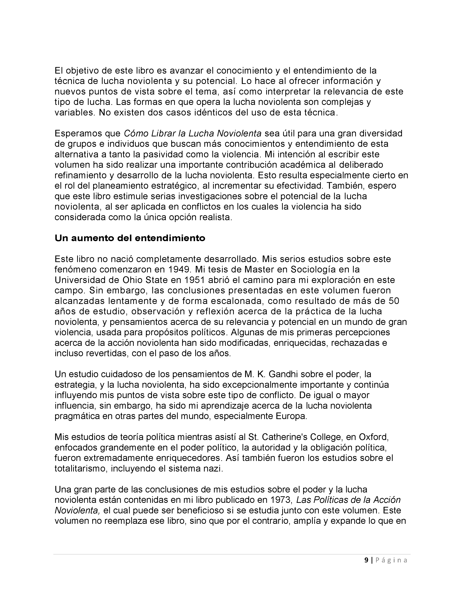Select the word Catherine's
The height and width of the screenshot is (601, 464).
[x=299, y=437]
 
